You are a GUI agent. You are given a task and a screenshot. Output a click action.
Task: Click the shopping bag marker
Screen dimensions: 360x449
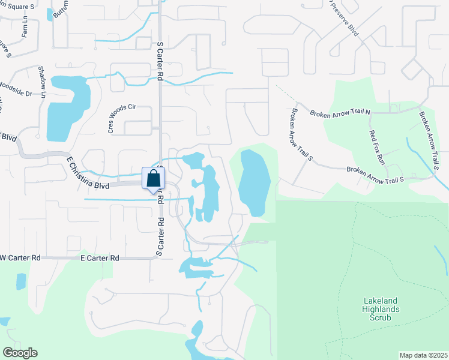(x=154, y=179)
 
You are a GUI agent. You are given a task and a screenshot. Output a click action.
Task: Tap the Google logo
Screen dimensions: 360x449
(x=20, y=353)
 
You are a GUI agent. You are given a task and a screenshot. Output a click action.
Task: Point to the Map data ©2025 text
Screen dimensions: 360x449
(x=423, y=355)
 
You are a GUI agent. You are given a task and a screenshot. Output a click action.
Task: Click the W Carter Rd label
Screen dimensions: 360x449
(x=20, y=257)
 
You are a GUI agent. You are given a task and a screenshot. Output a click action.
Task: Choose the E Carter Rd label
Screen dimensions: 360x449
(x=100, y=257)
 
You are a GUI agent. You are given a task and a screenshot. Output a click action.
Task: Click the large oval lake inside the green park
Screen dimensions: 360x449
(x=255, y=183)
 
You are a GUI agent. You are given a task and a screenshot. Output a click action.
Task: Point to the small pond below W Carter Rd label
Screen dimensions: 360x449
(x=21, y=281)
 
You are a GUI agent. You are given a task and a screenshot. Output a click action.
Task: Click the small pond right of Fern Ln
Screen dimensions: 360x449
(x=49, y=14)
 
